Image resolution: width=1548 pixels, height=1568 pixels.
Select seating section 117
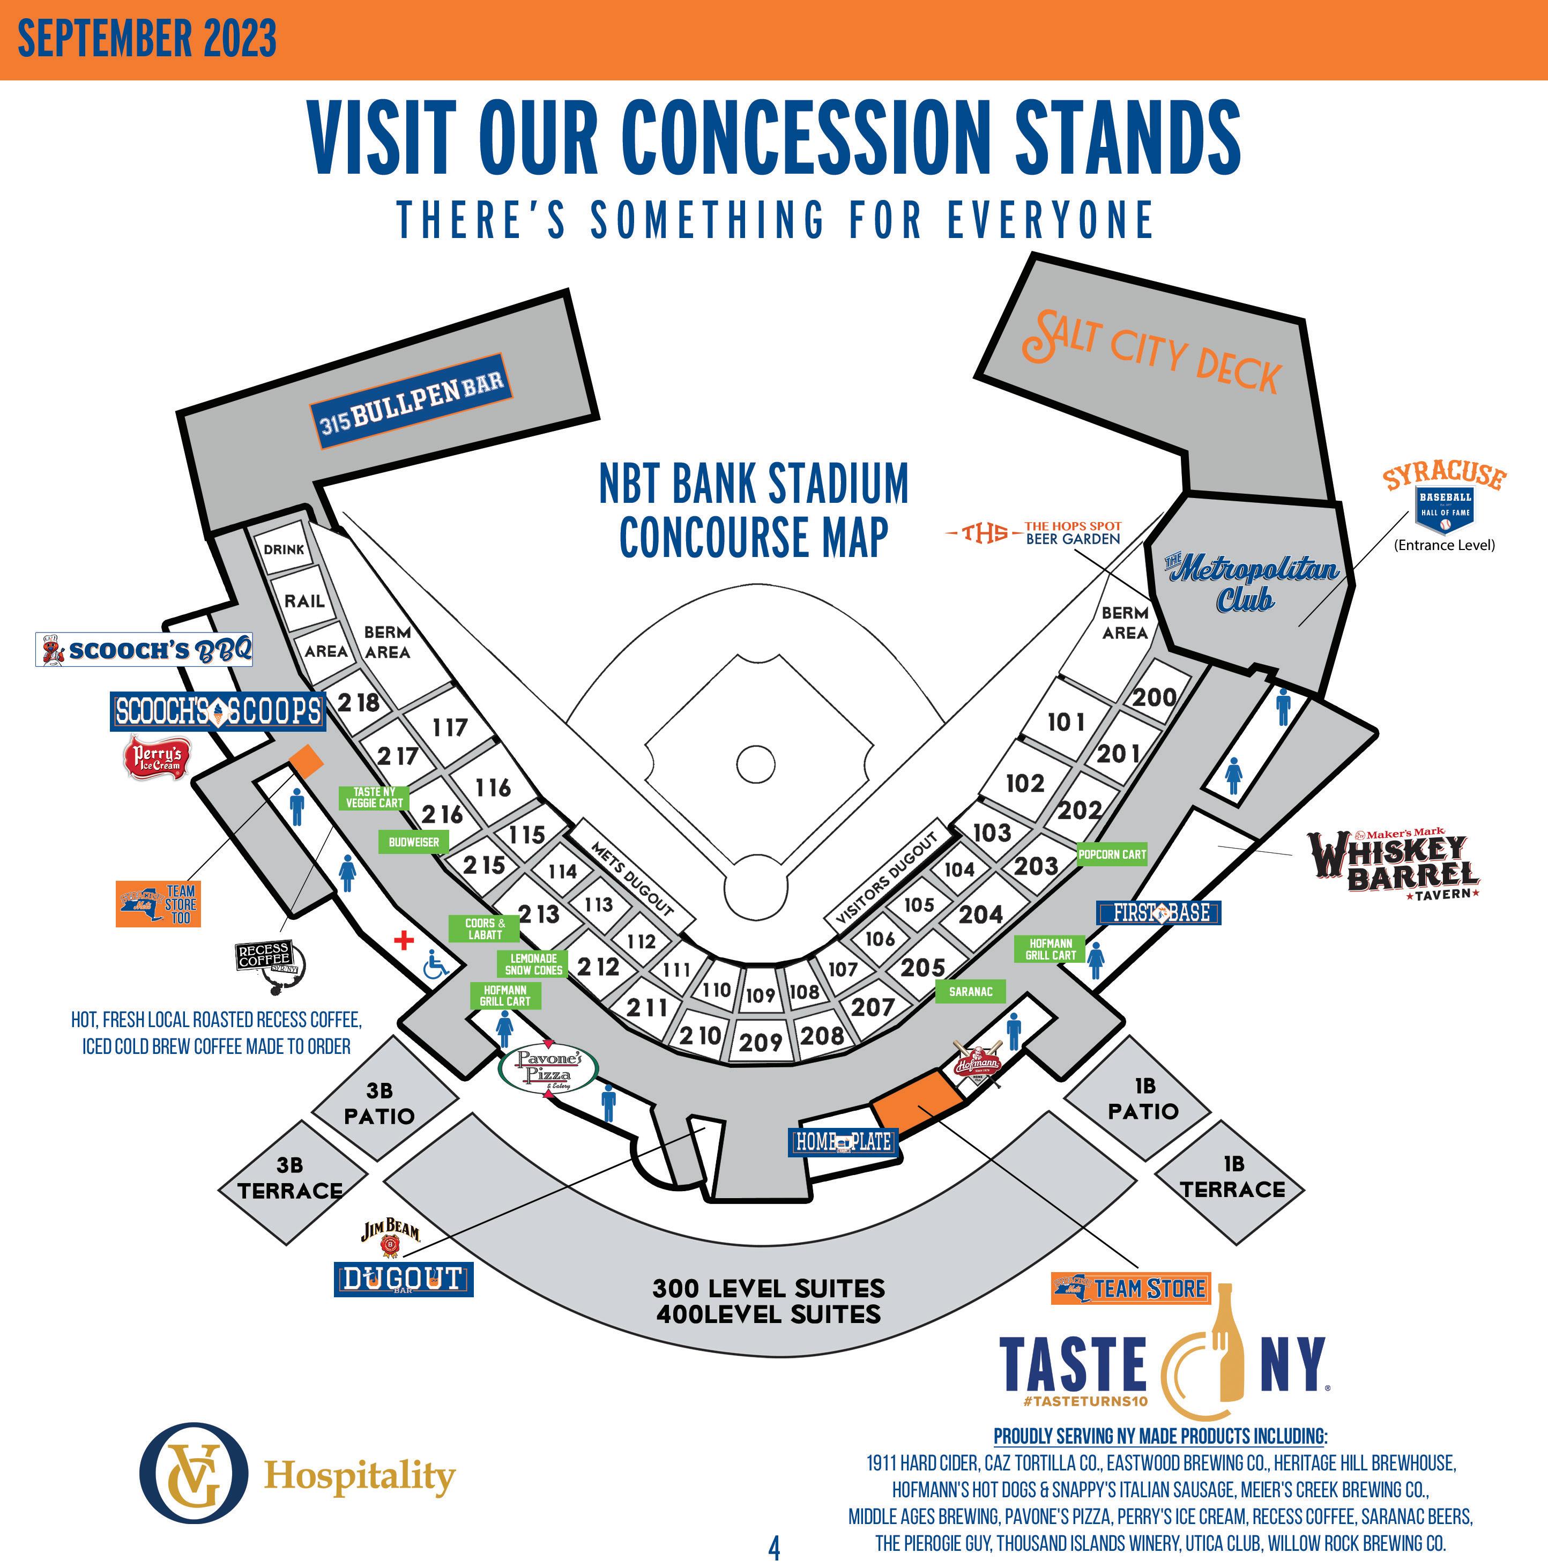(450, 727)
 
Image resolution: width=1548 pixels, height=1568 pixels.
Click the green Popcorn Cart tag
(1112, 854)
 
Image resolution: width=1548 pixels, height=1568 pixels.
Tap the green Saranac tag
(970, 991)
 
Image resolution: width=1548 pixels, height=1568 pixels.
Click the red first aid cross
(403, 940)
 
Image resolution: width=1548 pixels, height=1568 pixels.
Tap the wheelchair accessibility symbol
(436, 965)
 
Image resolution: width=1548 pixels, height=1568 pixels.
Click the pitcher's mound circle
(756, 763)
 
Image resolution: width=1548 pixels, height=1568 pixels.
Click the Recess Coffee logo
(267, 967)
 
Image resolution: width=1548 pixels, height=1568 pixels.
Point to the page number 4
(774, 1549)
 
